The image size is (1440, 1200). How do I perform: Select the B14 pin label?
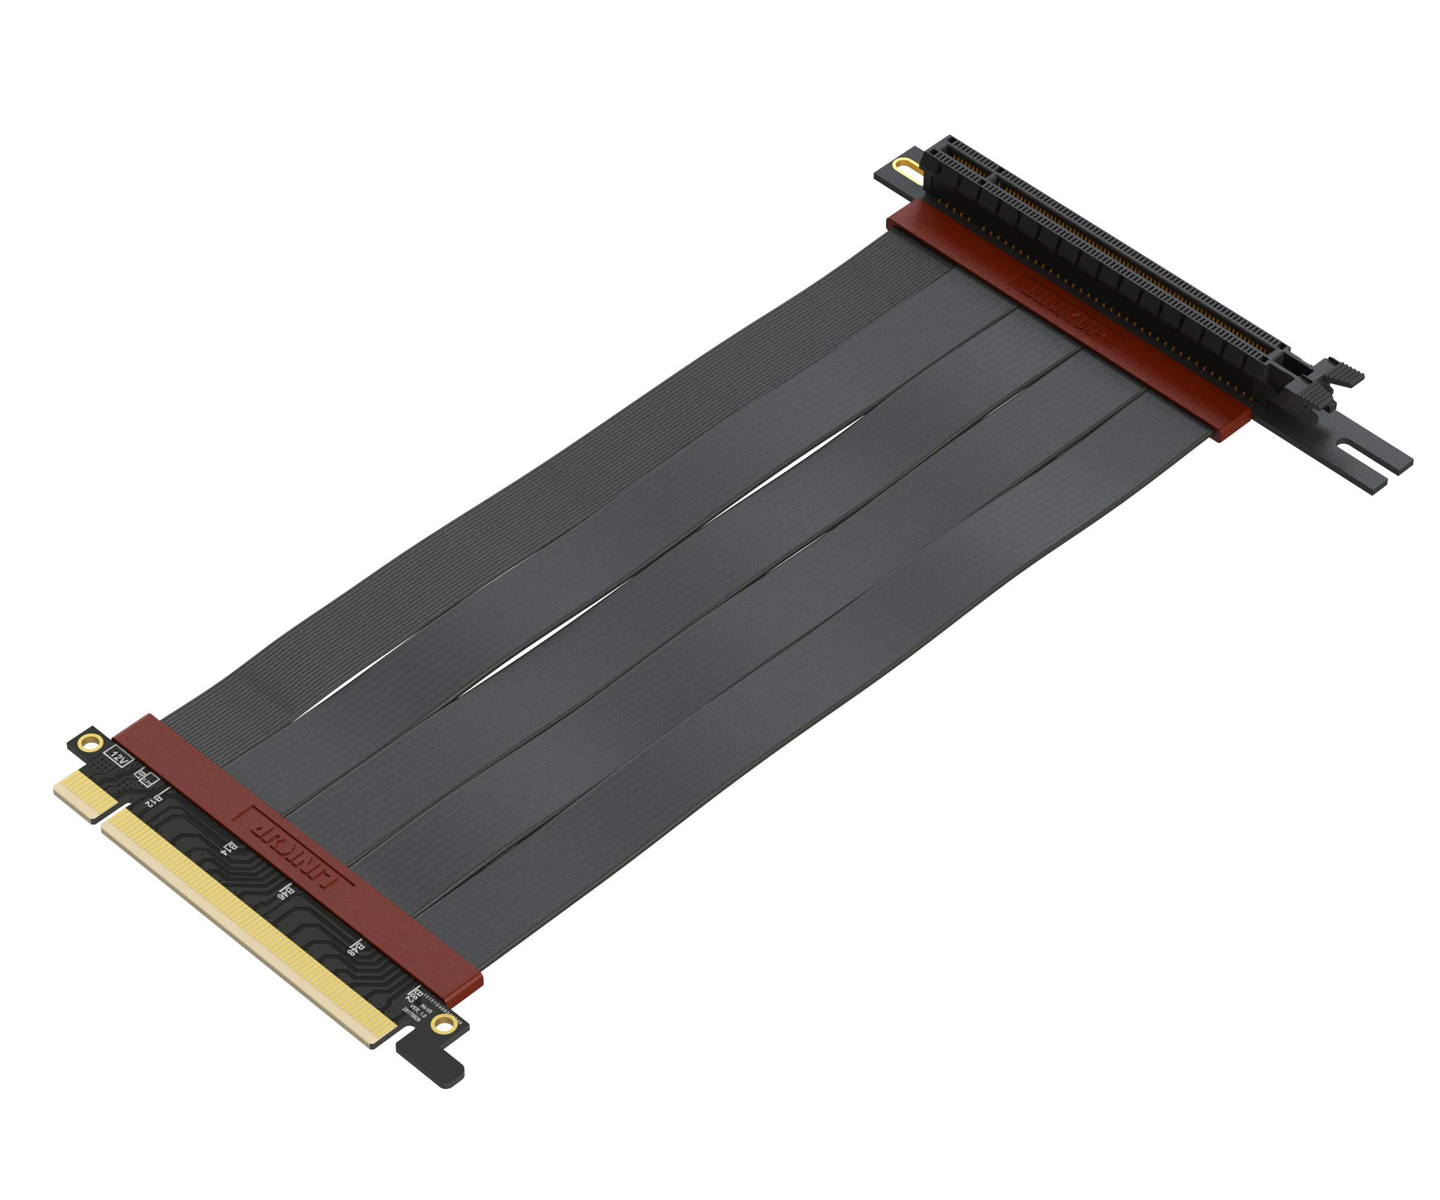[231, 849]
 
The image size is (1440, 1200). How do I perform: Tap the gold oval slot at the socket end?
[907, 167]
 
